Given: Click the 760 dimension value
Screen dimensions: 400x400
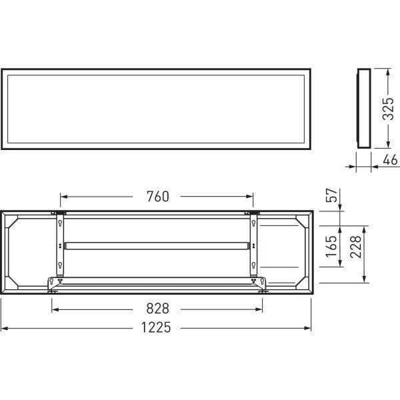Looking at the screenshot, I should pyautogui.click(x=157, y=197).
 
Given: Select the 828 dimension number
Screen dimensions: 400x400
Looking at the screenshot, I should pyautogui.click(x=157, y=309).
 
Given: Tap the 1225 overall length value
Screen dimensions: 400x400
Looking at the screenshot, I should pyautogui.click(x=157, y=327).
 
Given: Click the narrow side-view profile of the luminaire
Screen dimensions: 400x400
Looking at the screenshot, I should pyautogui.click(x=363, y=108).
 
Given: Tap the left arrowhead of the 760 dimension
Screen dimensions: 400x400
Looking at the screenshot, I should pyautogui.click(x=64, y=197).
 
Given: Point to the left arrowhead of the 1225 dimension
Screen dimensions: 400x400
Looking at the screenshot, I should pyautogui.click(x=4, y=328).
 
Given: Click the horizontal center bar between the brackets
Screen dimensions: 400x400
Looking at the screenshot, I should pyautogui.click(x=157, y=245).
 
